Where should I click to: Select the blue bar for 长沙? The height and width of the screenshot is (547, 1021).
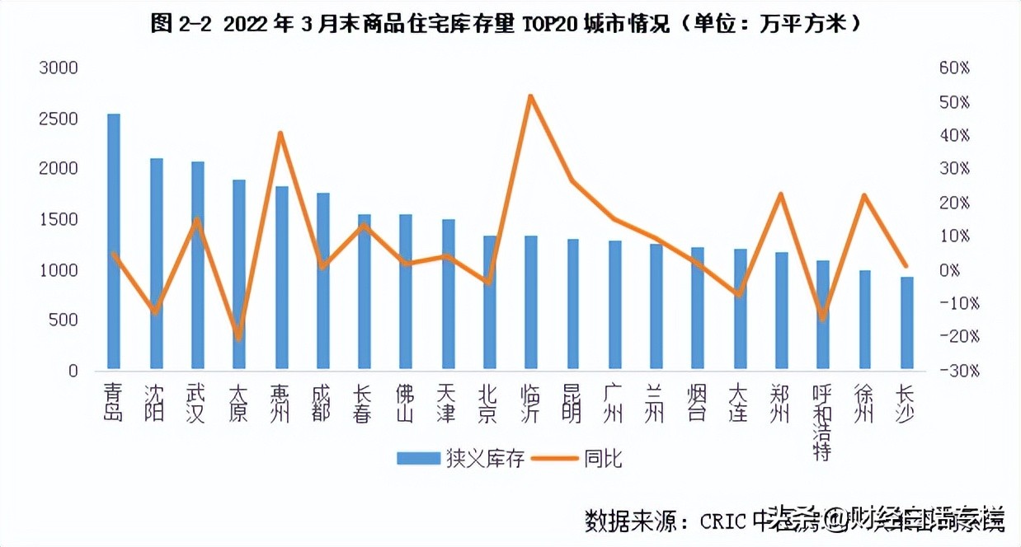tap(906, 323)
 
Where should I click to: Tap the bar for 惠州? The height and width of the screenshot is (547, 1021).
tap(281, 278)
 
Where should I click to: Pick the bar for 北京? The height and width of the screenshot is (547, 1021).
tap(490, 302)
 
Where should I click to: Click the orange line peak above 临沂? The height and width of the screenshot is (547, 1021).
tap(531, 96)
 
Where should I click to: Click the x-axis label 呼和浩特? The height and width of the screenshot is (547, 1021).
tap(821, 422)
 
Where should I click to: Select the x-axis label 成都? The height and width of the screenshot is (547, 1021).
tap(322, 402)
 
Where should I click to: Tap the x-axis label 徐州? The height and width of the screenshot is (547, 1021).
tap(863, 402)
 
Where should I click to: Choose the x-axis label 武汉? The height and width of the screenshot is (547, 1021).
tap(196, 402)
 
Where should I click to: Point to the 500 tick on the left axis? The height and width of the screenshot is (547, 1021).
tap(63, 320)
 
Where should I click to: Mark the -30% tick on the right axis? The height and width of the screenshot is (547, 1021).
tap(957, 371)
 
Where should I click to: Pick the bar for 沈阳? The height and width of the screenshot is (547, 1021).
tap(156, 264)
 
